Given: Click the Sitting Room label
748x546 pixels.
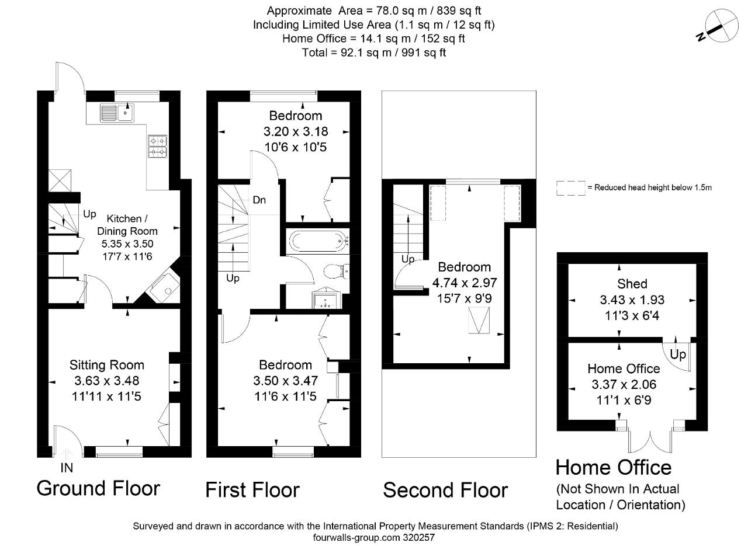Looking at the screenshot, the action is [x=107, y=365].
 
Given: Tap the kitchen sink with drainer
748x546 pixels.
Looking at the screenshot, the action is [x=117, y=113].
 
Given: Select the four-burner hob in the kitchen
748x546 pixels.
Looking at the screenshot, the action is [x=158, y=147].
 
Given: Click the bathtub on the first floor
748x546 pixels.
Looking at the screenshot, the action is [x=319, y=241].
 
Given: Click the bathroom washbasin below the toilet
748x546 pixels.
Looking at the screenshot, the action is [x=326, y=297].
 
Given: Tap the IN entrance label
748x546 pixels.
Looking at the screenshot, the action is [x=67, y=468].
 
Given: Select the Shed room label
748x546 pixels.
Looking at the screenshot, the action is [x=632, y=284].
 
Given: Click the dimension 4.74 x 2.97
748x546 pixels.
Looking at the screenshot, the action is [x=465, y=283].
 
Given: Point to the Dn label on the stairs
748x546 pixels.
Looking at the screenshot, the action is [x=259, y=200].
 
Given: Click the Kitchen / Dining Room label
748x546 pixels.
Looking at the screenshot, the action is [x=127, y=225].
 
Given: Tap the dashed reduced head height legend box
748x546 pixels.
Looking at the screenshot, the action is [x=571, y=188].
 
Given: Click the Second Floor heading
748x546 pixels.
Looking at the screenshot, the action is [x=445, y=490].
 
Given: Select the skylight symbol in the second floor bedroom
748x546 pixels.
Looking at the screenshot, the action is [x=479, y=321].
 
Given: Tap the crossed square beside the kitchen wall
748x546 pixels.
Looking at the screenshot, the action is [x=60, y=180].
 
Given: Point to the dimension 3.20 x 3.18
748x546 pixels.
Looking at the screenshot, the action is [x=296, y=132].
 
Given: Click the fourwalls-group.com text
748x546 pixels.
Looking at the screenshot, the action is [x=356, y=538].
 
